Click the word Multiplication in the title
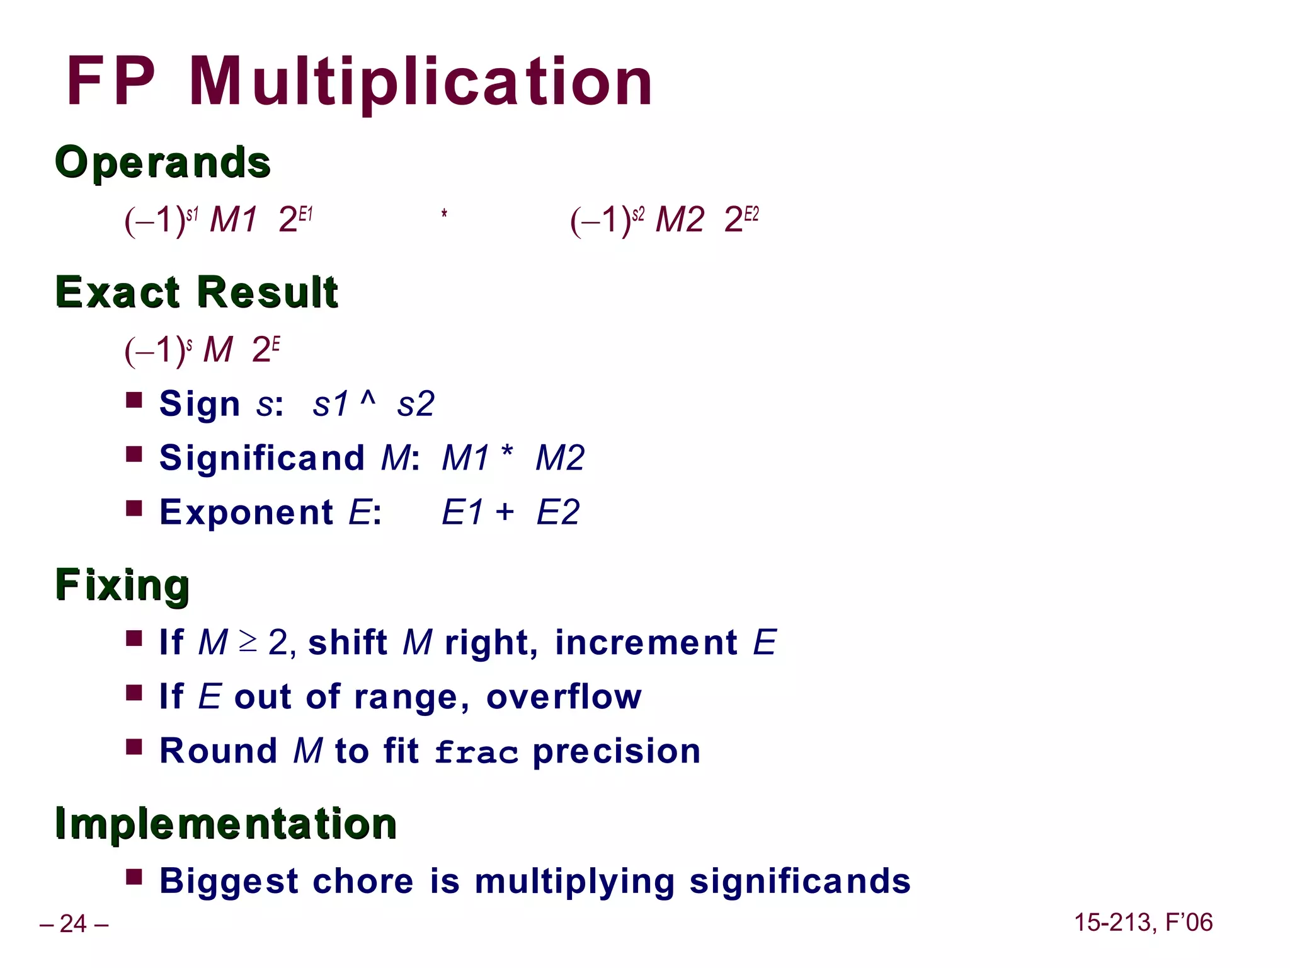pyautogui.click(x=420, y=82)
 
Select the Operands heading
pyautogui.click(x=163, y=162)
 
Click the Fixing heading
pyautogui.click(x=122, y=585)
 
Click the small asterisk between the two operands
pyautogui.click(x=444, y=214)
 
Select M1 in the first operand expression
pyautogui.click(x=233, y=220)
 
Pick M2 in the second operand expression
pyautogui.click(x=679, y=220)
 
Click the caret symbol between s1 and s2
pyautogui.click(x=368, y=399)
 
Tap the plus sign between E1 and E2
pyautogui.click(x=505, y=511)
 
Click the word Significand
pyautogui.click(x=262, y=458)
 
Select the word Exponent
pyautogui.click(x=246, y=512)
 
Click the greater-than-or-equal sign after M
pyautogui.click(x=248, y=642)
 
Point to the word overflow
pyautogui.click(x=564, y=697)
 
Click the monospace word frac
pyautogui.click(x=476, y=752)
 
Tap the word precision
pyautogui.click(x=616, y=751)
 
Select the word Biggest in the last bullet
pyautogui.click(x=229, y=881)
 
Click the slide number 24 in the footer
pyautogui.click(x=73, y=924)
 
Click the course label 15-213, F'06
pyautogui.click(x=1143, y=923)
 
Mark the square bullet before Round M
pyautogui.click(x=134, y=747)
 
